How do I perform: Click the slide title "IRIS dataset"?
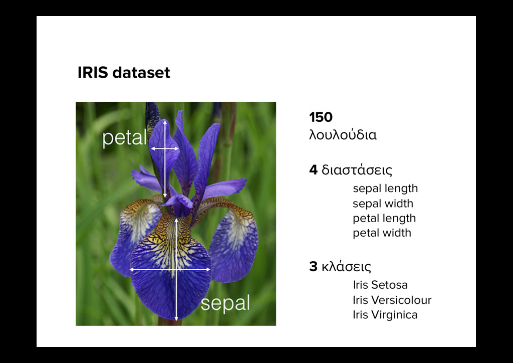(124, 73)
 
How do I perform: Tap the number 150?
(321, 117)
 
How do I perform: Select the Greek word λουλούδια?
(343, 135)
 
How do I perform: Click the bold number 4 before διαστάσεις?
(313, 170)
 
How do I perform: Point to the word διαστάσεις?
(357, 171)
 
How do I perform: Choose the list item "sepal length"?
(385, 189)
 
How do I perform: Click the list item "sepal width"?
(383, 204)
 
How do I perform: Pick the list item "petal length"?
(384, 218)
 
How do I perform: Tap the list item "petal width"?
(382, 233)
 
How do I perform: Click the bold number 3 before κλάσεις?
(313, 267)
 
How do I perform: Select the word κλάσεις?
(346, 267)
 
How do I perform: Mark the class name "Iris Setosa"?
(380, 285)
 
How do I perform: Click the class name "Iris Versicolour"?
(392, 300)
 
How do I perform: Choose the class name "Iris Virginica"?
(385, 315)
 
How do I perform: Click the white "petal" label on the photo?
(125, 138)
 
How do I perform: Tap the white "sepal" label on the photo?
(225, 303)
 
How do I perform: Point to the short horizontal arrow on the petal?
(164, 148)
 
